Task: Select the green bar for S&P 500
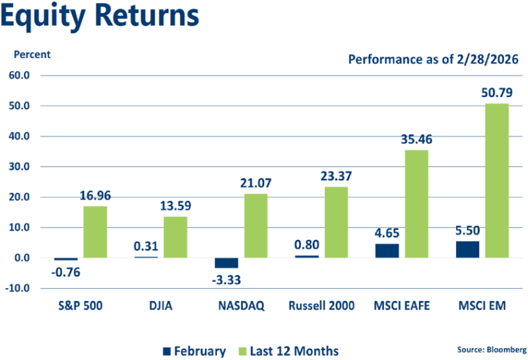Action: click(95, 232)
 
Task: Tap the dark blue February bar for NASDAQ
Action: click(226, 263)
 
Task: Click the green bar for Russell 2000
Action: click(336, 222)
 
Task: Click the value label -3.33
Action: click(226, 279)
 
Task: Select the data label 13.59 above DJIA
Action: click(176, 204)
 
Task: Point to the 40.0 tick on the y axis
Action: click(26, 136)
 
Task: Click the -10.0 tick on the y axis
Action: click(24, 288)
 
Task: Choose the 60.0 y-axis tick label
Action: click(26, 75)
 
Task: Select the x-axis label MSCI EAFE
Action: click(402, 306)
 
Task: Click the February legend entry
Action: click(195, 350)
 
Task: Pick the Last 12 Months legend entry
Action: click(290, 350)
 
